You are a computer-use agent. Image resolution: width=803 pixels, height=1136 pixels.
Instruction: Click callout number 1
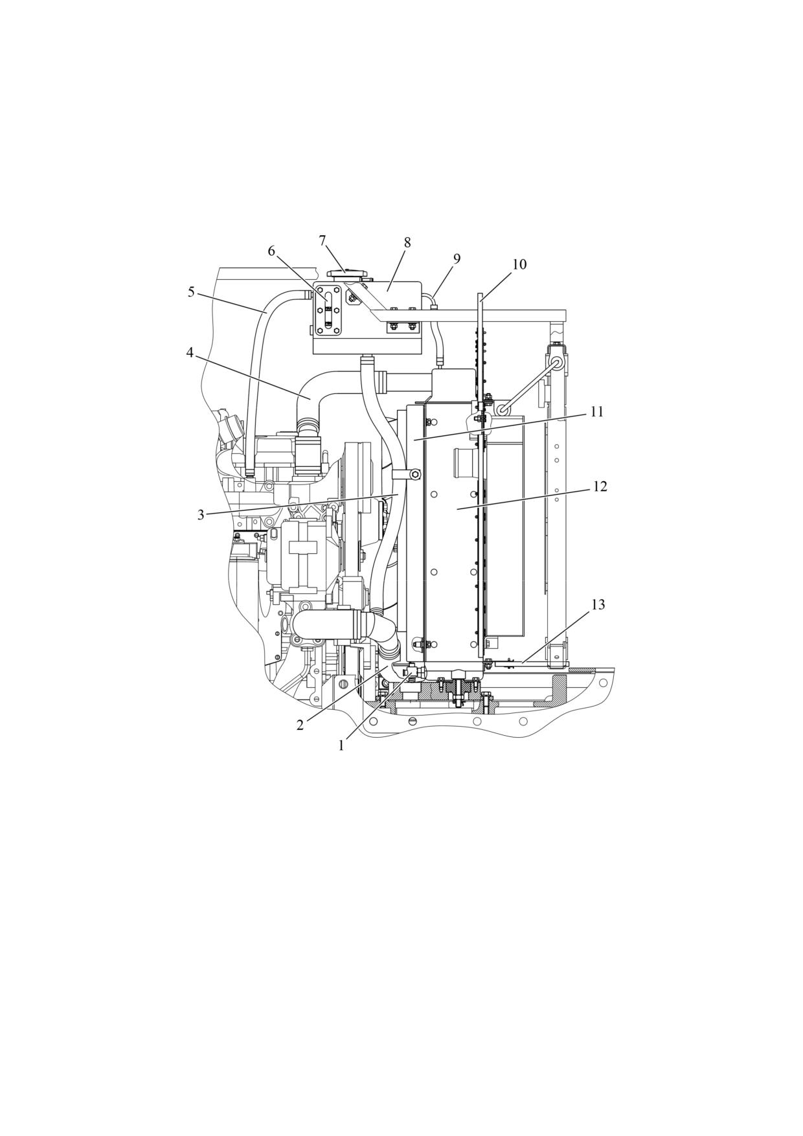click(x=341, y=745)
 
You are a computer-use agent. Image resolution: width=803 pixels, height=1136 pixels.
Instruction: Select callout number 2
click(x=300, y=725)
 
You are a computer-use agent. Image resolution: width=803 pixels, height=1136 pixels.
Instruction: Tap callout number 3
click(x=201, y=515)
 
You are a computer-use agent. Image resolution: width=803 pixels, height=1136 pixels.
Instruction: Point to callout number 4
click(x=190, y=353)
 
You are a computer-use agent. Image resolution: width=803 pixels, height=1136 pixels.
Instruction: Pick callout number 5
click(x=191, y=292)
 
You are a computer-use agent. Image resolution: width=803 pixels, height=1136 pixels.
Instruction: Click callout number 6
click(x=271, y=251)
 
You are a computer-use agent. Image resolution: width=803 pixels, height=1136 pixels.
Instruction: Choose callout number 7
click(x=322, y=241)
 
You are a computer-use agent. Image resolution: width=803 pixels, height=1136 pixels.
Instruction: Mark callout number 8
click(x=407, y=243)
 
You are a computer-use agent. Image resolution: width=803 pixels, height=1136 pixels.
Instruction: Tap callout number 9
click(x=457, y=259)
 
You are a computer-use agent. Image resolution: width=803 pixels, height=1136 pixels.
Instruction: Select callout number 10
click(x=519, y=264)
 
